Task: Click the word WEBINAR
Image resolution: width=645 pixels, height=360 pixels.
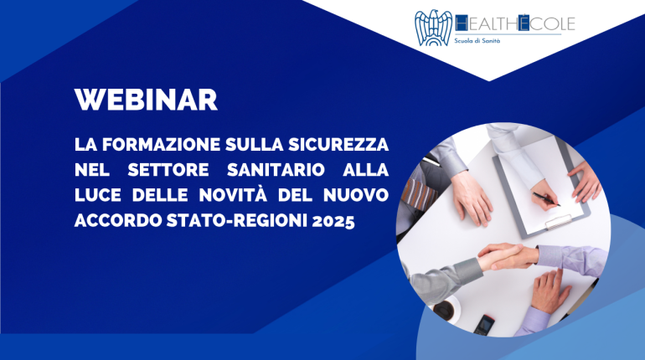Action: coord(146,100)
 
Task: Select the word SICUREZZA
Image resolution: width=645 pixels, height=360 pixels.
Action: coord(338,145)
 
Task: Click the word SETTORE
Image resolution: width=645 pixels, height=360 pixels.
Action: coord(168,170)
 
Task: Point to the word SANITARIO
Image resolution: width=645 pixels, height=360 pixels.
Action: coord(276,170)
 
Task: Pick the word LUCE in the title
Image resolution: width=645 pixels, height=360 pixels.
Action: coord(98,195)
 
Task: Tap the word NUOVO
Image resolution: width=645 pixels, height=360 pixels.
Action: coord(356,195)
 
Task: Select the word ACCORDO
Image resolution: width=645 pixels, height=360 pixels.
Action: coord(118,221)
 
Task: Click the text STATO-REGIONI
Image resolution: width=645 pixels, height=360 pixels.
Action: coord(237,221)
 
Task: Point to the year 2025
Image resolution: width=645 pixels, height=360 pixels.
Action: coord(333,221)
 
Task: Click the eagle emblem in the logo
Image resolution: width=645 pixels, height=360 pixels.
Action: coord(433,28)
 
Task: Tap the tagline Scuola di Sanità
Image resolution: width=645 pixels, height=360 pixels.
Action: coord(477,40)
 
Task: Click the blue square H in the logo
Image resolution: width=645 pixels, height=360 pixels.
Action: coord(461,23)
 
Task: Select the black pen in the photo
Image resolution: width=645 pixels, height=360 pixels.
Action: coord(546,198)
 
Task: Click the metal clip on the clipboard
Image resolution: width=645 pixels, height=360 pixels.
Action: coord(558,222)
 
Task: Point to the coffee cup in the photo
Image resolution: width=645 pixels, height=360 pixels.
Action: coord(447,307)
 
